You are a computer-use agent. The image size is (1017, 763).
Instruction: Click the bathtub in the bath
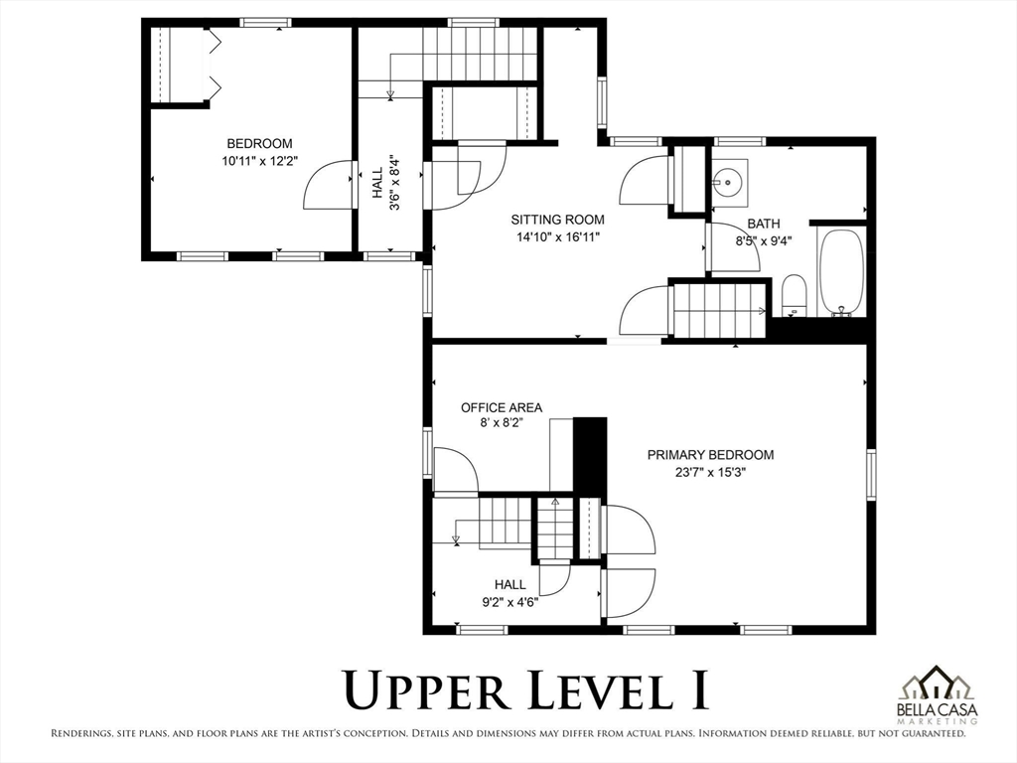pos(842,272)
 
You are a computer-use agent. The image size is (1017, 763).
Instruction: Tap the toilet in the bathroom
pos(794,295)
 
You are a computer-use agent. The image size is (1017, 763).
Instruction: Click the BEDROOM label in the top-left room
pos(259,143)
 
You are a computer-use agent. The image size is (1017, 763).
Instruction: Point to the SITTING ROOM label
pos(558,220)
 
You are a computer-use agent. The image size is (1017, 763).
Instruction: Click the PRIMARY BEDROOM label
pos(711,455)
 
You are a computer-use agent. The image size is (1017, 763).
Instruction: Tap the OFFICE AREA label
pos(502,407)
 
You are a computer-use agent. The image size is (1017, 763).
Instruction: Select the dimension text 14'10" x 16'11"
pos(558,237)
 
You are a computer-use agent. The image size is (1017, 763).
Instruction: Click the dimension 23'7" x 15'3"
pos(711,472)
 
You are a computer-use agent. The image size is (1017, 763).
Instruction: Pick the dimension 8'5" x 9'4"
pos(764,241)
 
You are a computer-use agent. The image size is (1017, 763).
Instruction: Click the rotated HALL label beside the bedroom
pos(377,183)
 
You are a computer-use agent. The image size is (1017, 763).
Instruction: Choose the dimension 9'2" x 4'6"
pos(509,602)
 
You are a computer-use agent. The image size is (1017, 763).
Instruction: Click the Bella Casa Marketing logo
pos(937,694)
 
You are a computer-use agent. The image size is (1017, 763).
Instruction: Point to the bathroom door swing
pos(736,247)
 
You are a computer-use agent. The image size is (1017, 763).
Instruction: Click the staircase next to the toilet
pos(719,311)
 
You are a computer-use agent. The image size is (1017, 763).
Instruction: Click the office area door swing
pos(456,470)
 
